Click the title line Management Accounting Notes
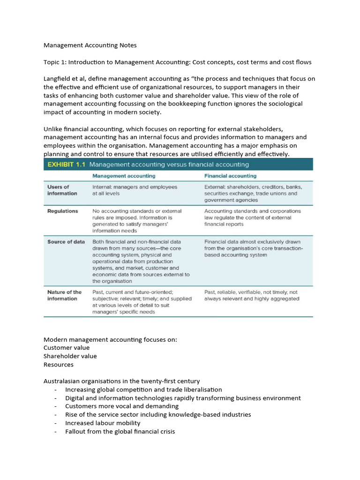90,45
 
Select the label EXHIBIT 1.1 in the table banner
66,165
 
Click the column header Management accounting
124,176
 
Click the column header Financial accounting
230,176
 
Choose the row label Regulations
63,211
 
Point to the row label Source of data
66,241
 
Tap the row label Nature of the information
64,295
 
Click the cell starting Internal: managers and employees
135,190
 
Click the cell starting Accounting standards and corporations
252,217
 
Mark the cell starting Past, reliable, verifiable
251,295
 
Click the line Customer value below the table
67,348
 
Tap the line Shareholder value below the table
70,356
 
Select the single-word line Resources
59,365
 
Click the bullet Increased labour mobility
103,423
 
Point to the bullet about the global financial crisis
120,432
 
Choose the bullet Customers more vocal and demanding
122,406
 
